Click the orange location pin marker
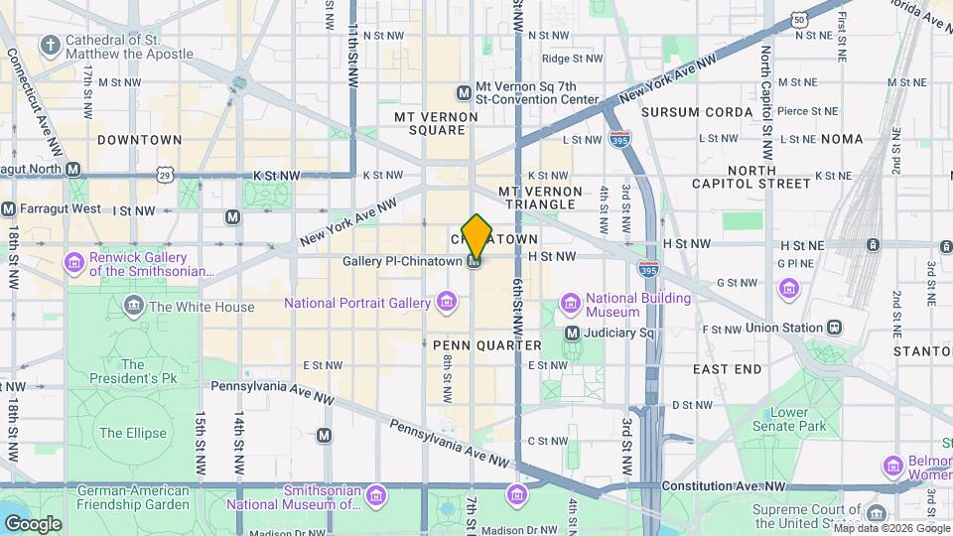point(476,234)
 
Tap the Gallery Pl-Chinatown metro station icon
point(476,261)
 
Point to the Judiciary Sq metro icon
point(572,334)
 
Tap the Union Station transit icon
point(835,327)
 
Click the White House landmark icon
point(133,307)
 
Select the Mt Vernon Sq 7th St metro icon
point(463,93)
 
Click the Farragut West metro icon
point(9,209)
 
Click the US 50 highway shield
point(799,19)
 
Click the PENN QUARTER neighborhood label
point(487,345)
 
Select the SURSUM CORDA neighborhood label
point(697,112)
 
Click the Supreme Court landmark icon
point(876,513)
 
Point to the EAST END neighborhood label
point(728,369)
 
